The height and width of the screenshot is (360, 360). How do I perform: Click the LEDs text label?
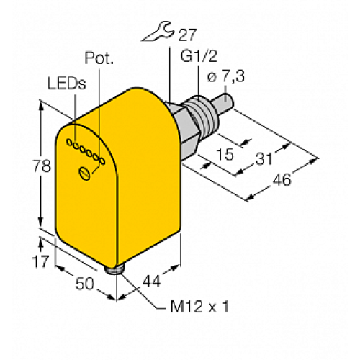67,83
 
